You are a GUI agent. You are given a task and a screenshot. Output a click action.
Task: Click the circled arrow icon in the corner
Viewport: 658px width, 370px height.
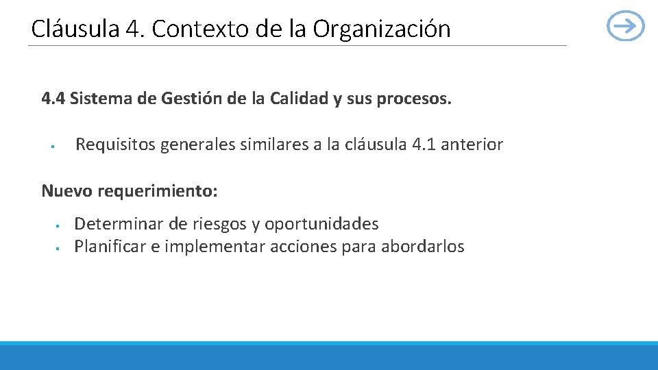[x=626, y=27]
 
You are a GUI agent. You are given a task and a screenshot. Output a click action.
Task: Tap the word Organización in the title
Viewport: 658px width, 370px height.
[x=382, y=29]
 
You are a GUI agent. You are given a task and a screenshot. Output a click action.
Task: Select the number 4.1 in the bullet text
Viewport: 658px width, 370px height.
[x=424, y=145]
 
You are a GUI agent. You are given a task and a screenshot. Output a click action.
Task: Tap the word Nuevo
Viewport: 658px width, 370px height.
[x=66, y=190]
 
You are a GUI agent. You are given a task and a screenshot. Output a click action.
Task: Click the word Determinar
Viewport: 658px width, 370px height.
[x=112, y=224]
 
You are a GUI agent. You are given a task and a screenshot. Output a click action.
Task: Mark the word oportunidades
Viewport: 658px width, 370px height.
[x=321, y=224]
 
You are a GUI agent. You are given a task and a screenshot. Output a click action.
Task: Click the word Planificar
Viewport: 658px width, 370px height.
[x=108, y=247]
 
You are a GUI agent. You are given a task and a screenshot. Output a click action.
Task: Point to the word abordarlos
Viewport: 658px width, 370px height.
[x=422, y=247]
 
